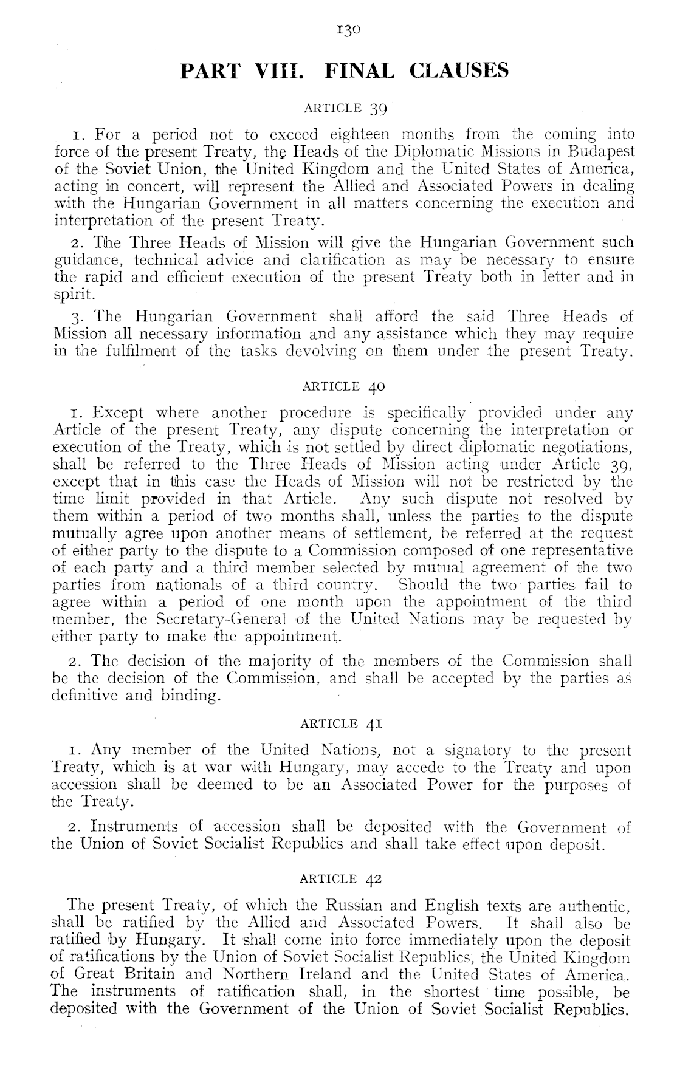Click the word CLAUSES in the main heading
[459, 71]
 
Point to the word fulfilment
[140, 351]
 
